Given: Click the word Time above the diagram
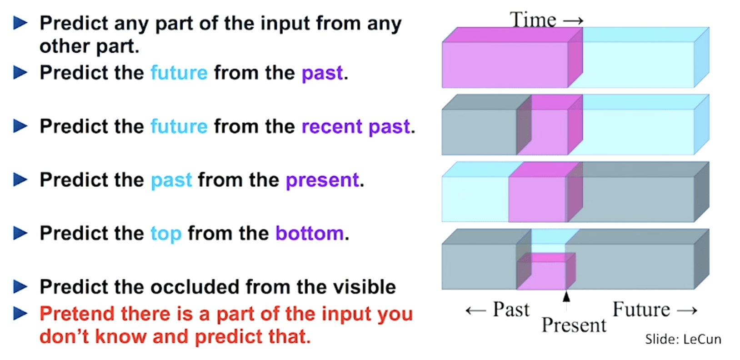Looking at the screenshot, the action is pyautogui.click(x=533, y=20).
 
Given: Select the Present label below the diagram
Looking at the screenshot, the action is pyautogui.click(x=574, y=325).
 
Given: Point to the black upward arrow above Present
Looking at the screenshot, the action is pyautogui.click(x=566, y=300).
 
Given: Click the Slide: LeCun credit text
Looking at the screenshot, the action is pyautogui.click(x=683, y=339).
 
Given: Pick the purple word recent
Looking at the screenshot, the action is pyautogui.click(x=332, y=126).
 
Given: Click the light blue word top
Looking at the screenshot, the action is pyautogui.click(x=166, y=234).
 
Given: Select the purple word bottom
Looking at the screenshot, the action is pyautogui.click(x=310, y=233).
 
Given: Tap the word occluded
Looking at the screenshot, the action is pyautogui.click(x=195, y=286).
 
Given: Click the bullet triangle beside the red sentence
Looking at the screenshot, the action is pyautogui.click(x=20, y=314).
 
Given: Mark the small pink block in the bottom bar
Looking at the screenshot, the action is pyautogui.click(x=546, y=271).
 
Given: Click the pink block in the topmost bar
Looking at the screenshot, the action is pyautogui.click(x=512, y=58).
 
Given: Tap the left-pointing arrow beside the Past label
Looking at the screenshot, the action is pyautogui.click(x=476, y=310).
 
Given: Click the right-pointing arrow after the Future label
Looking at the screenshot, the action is pyautogui.click(x=687, y=310).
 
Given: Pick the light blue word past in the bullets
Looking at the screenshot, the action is pyautogui.click(x=171, y=180).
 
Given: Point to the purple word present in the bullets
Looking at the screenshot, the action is pyautogui.click(x=322, y=180).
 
